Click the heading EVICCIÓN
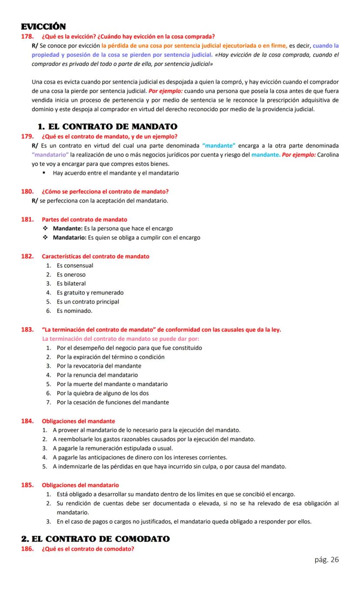tap(43, 27)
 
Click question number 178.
tap(27, 36)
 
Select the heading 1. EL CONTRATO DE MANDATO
tap(107, 127)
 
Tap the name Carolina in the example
tap(328, 155)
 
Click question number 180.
tap(27, 191)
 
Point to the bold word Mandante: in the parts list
tap(67, 228)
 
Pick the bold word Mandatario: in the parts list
tap(70, 238)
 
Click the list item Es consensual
tap(75, 265)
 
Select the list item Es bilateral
tap(71, 284)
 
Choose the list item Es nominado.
tap(74, 311)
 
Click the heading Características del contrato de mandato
tap(95, 256)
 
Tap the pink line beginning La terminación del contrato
tap(120, 338)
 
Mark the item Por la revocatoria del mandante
tap(99, 366)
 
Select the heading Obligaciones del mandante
tap(78, 421)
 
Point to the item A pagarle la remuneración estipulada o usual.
tap(113, 448)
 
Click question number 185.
tap(27, 485)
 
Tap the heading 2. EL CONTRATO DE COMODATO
tap(96, 539)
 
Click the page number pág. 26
tap(327, 559)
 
